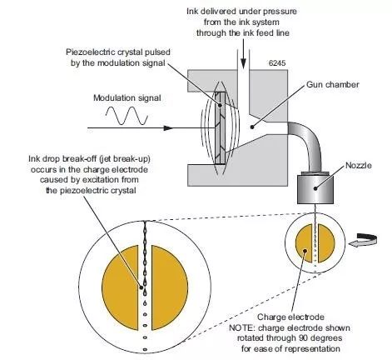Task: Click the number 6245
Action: coord(277,63)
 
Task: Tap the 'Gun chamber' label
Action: coord(332,84)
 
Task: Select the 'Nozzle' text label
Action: coord(359,166)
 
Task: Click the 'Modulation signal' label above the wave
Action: coord(127,98)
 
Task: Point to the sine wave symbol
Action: coord(127,116)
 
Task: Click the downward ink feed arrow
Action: coord(243,53)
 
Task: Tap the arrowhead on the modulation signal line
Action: coord(168,128)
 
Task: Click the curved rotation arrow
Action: coord(363,240)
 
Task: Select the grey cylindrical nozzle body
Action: coord(315,189)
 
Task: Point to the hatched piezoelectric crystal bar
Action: coord(221,127)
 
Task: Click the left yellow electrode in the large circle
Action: coord(121,287)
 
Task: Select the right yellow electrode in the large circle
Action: coord(170,287)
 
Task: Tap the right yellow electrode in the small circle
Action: coord(326,243)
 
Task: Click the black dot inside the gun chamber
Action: coord(252,127)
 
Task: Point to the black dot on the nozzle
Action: coord(315,188)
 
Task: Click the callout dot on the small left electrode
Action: coord(305,251)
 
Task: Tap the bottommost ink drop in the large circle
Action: coord(145,349)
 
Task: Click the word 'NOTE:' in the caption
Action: coord(241,327)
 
